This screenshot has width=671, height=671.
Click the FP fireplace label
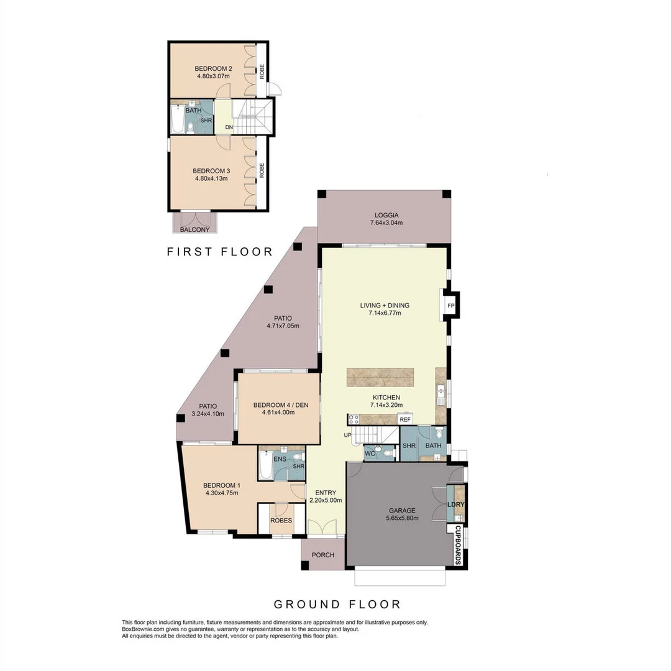click(450, 306)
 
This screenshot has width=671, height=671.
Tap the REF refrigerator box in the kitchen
click(405, 419)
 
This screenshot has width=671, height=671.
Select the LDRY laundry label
click(456, 504)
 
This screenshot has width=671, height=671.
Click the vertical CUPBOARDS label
click(457, 545)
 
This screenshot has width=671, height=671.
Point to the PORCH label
click(323, 555)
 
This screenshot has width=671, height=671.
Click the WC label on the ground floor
click(370, 453)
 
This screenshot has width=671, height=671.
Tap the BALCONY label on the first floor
click(194, 229)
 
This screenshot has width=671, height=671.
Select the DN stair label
click(229, 127)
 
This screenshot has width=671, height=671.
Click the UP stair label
click(347, 435)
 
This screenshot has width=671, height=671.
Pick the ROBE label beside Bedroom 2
click(262, 71)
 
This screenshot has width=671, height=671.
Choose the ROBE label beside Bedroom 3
click(262, 170)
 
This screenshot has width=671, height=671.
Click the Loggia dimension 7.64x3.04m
click(386, 222)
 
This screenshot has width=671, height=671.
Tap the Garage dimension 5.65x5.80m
click(402, 518)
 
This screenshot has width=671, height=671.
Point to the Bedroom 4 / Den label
click(281, 405)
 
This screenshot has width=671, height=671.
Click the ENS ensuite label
click(280, 459)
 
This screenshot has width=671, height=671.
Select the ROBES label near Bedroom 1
click(281, 521)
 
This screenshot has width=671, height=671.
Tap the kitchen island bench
click(380, 378)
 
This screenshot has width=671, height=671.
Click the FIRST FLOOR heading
click(220, 252)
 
